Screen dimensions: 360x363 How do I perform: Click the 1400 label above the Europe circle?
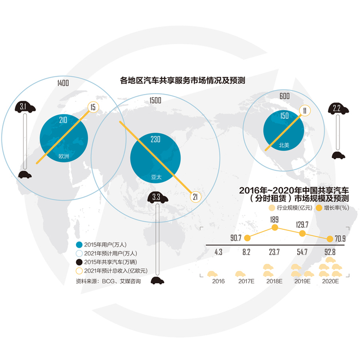tap(63, 83)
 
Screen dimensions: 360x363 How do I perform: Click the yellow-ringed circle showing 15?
tap(93, 107)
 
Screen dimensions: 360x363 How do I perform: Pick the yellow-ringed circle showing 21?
tap(195, 196)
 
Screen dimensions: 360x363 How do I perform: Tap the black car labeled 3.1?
tap(25, 107)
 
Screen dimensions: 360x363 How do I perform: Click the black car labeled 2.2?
tap(337, 108)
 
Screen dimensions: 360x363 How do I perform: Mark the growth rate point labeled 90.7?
tap(247, 238)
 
